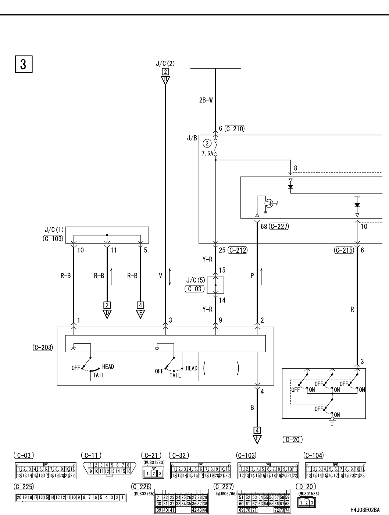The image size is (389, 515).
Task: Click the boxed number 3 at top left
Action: point(24,64)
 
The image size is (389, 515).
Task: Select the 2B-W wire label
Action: point(206,100)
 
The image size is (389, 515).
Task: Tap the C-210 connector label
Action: point(235,129)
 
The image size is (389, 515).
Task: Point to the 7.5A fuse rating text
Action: point(207,153)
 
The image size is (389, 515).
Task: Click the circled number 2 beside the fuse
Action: point(207,143)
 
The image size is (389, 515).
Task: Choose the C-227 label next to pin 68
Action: point(279,226)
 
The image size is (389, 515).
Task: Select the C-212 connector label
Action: point(238,250)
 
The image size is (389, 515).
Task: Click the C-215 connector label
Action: point(344,250)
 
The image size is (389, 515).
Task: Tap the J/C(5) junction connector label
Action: point(196,280)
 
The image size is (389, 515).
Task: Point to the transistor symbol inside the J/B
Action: point(269,203)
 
